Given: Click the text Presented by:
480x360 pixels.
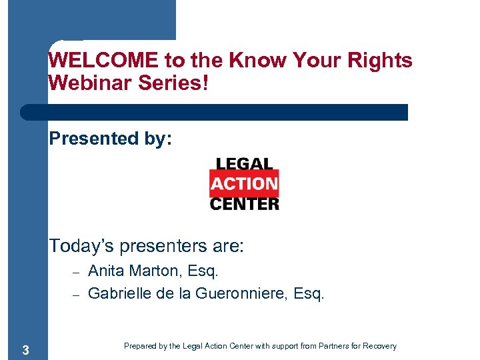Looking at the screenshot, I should click(x=111, y=139).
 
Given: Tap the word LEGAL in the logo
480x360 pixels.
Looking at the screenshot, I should click(x=244, y=165).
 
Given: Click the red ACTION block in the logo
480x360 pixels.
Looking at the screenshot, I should click(x=244, y=183).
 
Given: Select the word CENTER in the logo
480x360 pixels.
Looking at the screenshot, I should click(x=244, y=203).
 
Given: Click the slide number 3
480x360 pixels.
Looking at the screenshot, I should click(x=25, y=350).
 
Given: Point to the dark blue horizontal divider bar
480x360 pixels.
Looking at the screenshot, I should click(x=213, y=112).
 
